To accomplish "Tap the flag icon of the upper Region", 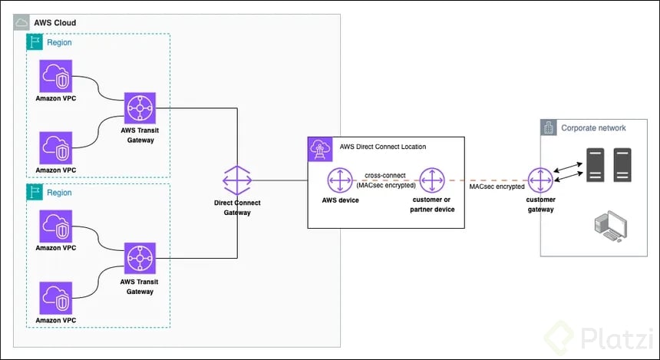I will click(35, 42).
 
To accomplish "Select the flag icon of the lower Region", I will click(35, 193).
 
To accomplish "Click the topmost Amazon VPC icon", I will click(56, 76).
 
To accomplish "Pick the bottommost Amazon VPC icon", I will click(56, 297).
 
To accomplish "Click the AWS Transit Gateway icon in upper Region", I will click(140, 108).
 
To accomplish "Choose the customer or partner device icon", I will click(433, 181).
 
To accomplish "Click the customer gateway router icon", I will click(540, 181).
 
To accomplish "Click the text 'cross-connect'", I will click(386, 176).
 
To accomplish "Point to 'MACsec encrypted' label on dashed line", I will click(497, 186).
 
